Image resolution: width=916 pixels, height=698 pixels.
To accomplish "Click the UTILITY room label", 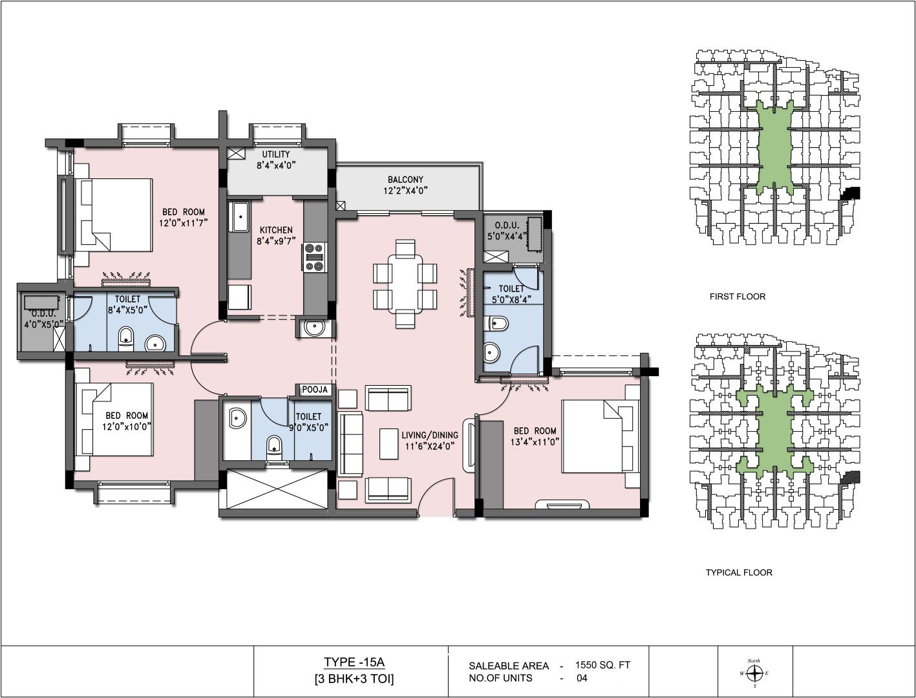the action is pyautogui.click(x=276, y=154).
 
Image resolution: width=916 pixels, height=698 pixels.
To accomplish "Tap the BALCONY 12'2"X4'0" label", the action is pyautogui.click(x=405, y=185).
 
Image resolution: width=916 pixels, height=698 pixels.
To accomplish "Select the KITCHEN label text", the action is pyautogui.click(x=276, y=230).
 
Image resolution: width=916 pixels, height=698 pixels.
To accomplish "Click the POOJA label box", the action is pyautogui.click(x=315, y=390).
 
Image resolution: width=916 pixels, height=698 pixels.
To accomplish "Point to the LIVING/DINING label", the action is pyautogui.click(x=430, y=435).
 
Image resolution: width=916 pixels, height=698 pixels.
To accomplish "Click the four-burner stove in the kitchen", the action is pyautogui.click(x=315, y=258).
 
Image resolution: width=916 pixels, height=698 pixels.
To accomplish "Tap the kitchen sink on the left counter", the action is pyautogui.click(x=240, y=217).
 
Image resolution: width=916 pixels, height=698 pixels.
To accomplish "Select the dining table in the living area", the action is pyautogui.click(x=405, y=284).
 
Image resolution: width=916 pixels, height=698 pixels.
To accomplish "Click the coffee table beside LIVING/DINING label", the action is pyautogui.click(x=389, y=443).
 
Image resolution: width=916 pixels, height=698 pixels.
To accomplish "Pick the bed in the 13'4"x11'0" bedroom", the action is pyautogui.click(x=600, y=436).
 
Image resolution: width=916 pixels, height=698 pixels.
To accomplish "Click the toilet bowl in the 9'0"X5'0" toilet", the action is pyautogui.click(x=273, y=449).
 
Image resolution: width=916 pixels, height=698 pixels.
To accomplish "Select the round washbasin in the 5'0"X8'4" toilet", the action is pyautogui.click(x=491, y=352).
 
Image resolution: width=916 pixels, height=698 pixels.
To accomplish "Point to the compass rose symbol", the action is pyautogui.click(x=754, y=673).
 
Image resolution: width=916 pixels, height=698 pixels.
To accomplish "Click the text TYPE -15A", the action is pyautogui.click(x=354, y=662).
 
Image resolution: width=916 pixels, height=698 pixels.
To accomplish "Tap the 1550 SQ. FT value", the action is pyautogui.click(x=602, y=665).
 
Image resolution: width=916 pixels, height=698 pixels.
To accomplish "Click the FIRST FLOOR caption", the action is pyautogui.click(x=738, y=297).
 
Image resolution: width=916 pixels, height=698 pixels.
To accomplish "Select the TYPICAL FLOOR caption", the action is pyautogui.click(x=739, y=573).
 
